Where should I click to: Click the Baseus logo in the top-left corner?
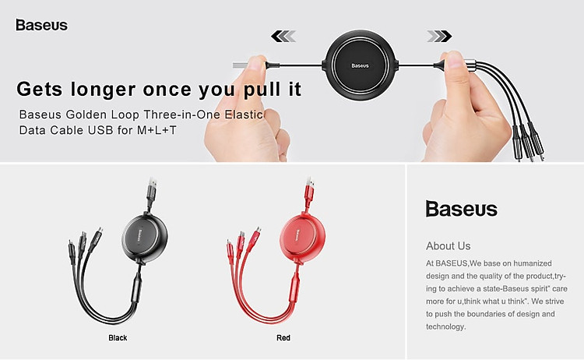[x=42, y=25]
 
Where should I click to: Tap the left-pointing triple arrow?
[x=283, y=36]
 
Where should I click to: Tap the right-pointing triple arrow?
[x=439, y=36]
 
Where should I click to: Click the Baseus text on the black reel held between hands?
[x=360, y=65]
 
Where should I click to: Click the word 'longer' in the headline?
[x=103, y=90]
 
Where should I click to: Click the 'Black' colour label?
[x=118, y=337]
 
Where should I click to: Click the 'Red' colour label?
[x=283, y=337]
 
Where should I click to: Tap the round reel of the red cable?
[x=302, y=238]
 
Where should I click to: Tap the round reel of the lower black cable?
[x=145, y=238]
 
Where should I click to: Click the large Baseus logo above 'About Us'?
[x=462, y=209]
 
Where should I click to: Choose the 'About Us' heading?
[x=448, y=246]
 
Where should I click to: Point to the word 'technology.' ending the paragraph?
[x=446, y=326]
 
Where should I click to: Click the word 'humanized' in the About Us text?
[x=533, y=263]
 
